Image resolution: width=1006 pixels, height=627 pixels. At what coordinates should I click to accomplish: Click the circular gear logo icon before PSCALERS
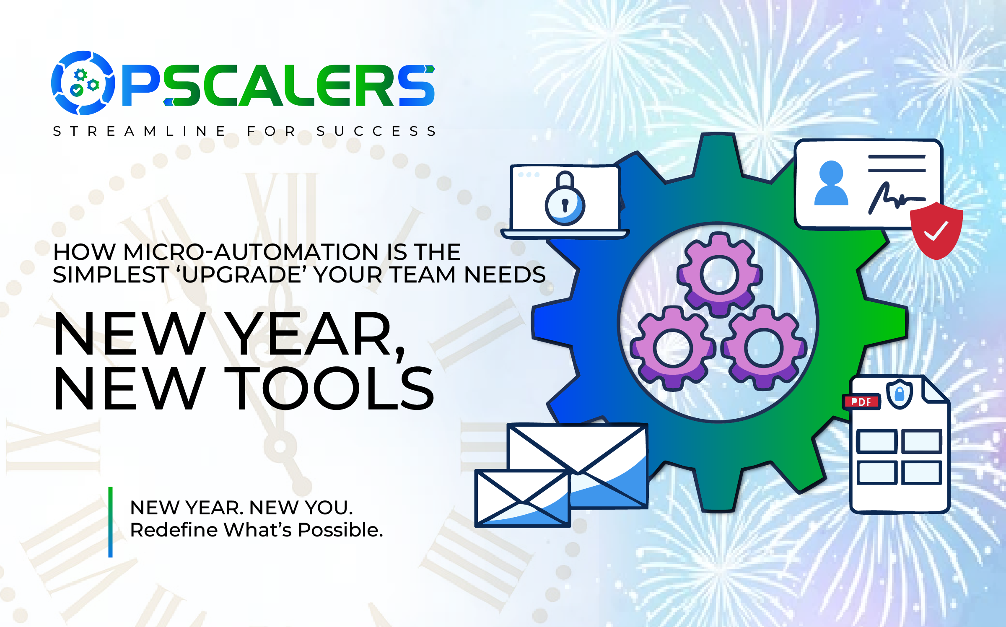(83, 83)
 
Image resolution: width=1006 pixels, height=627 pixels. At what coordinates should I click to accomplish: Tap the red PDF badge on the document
(861, 402)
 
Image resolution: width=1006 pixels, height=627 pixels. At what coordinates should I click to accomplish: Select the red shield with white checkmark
(936, 231)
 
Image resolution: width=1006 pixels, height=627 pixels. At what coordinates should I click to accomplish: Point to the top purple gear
(719, 275)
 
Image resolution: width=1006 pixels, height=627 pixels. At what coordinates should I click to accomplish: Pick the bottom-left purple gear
(673, 348)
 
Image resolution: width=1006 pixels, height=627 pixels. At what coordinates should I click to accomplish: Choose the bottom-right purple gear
(764, 348)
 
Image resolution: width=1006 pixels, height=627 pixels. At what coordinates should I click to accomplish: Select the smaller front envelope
(523, 498)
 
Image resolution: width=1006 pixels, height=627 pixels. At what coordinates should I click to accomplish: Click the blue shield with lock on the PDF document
(900, 394)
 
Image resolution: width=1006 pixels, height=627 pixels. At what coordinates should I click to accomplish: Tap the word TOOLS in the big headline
(329, 388)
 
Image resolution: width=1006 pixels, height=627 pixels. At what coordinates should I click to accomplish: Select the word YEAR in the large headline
(310, 334)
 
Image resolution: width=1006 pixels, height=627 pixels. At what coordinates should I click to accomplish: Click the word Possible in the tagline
(340, 530)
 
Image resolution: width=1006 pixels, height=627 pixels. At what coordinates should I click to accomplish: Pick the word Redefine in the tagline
(174, 530)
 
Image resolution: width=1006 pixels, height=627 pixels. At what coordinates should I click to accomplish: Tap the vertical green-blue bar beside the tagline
(110, 522)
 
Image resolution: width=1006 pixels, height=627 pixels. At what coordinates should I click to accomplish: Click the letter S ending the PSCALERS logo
(417, 85)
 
